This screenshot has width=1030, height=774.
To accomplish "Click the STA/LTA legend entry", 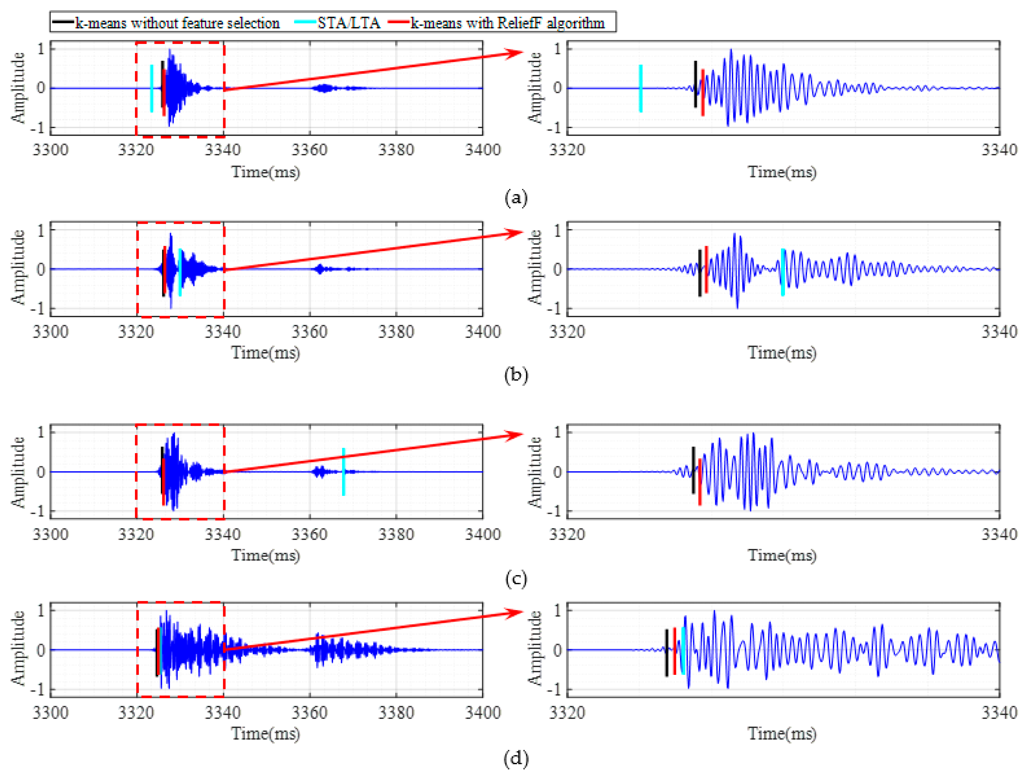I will pos(348,23).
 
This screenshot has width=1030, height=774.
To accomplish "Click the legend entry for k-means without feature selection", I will pos(177,23).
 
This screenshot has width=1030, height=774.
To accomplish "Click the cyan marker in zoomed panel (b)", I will pos(783,272).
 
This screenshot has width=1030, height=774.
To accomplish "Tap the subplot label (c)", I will pos(516,579).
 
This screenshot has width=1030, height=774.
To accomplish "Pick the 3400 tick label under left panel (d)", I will pos(483,712).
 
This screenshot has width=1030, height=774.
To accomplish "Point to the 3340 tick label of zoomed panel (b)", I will pos(999,332).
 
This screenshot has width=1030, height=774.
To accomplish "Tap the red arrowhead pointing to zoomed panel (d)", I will pos(517,613).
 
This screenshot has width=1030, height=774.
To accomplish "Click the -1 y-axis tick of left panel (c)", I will pos(37,511).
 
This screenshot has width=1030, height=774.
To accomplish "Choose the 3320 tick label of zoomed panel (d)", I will pos(567,712).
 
